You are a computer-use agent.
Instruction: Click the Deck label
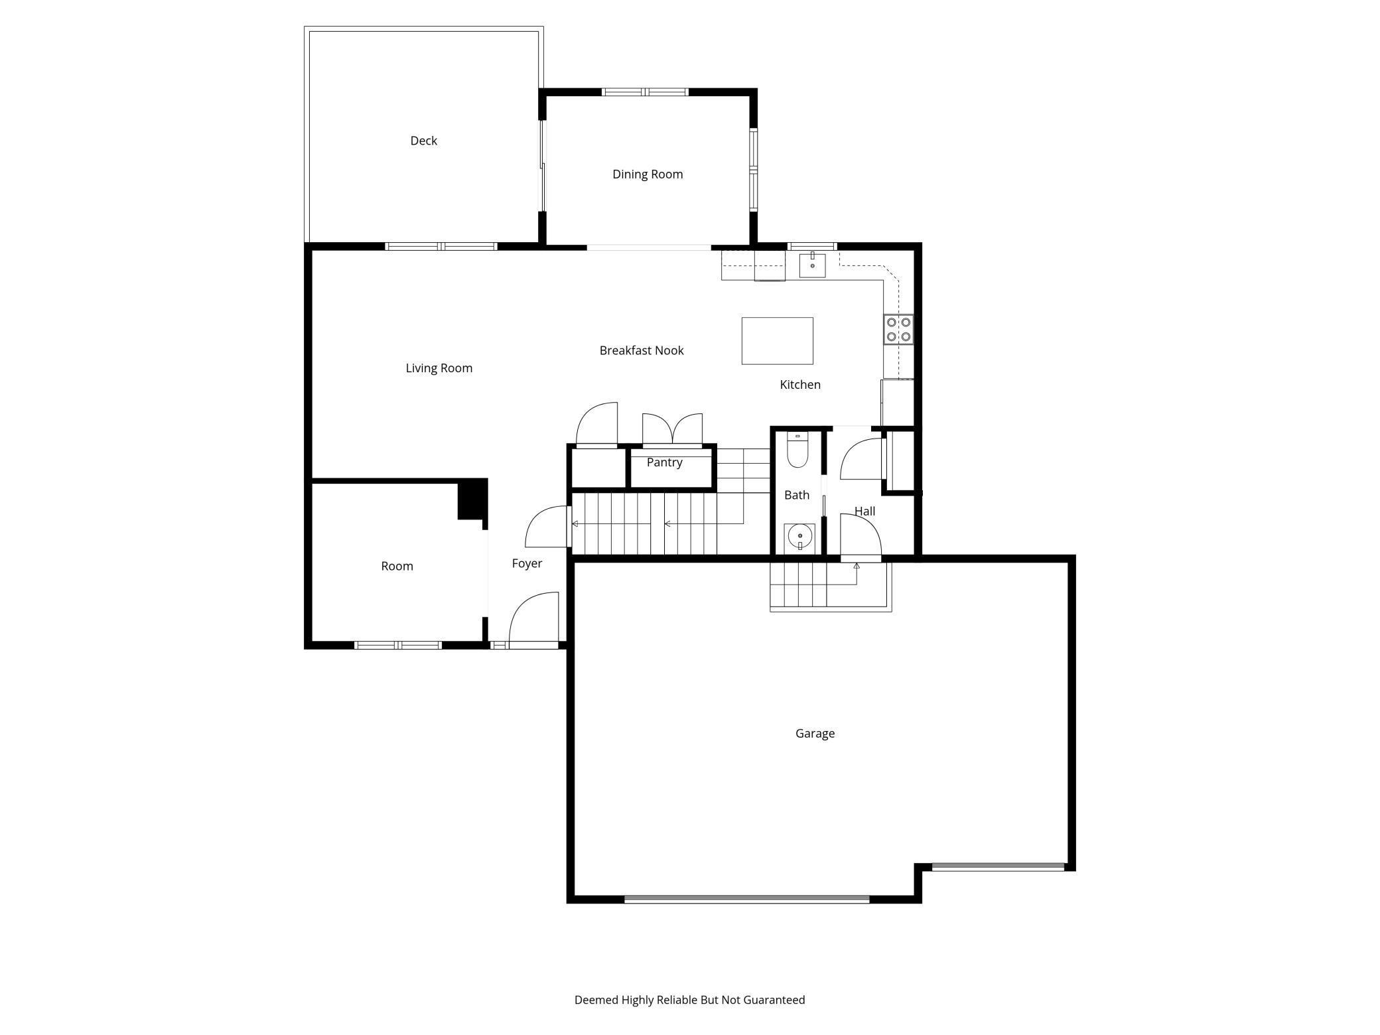point(423,141)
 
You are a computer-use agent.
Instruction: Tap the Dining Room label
point(647,174)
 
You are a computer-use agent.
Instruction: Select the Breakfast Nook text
point(641,350)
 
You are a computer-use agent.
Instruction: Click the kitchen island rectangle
point(777,340)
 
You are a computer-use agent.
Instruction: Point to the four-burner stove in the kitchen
point(898,329)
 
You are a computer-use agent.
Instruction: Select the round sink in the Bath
point(800,535)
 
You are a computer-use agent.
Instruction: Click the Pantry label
point(664,462)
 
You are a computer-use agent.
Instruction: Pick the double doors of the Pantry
point(672,429)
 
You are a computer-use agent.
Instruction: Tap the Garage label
point(815,733)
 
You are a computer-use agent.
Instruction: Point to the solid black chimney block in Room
point(472,499)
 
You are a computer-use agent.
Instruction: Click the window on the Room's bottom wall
point(398,645)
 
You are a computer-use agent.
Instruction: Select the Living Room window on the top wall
point(441,246)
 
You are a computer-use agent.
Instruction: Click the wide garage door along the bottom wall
point(746,899)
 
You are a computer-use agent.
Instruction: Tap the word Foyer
point(527,563)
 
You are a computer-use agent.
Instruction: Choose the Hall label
point(864,512)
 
